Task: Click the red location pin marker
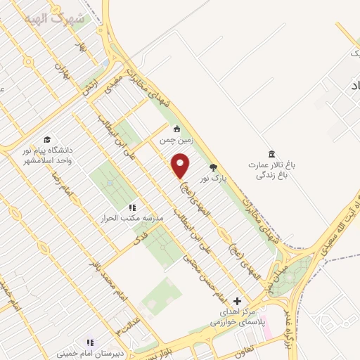tap(181, 166)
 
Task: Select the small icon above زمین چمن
tap(177, 129)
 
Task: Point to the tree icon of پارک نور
tap(214, 167)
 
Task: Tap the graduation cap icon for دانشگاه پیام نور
tap(47, 139)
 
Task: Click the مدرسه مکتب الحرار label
tap(134, 219)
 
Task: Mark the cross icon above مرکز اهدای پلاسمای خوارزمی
tap(236, 301)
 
